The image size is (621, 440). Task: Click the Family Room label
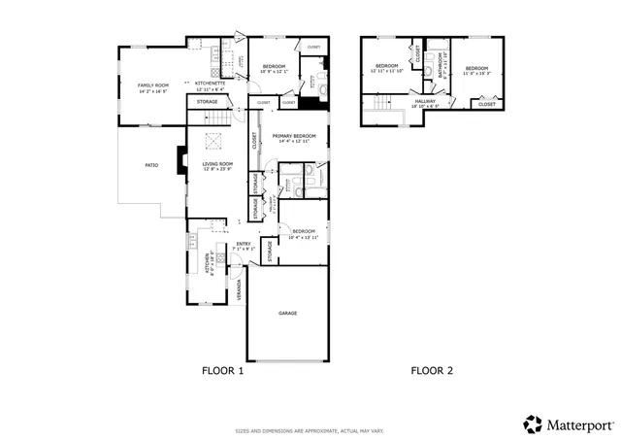(x=152, y=87)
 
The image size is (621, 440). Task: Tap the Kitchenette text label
(x=211, y=85)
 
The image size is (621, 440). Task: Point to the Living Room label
(x=217, y=165)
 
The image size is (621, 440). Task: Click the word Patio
(x=151, y=166)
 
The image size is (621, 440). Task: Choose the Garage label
(x=287, y=313)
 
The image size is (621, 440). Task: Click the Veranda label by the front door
(x=240, y=288)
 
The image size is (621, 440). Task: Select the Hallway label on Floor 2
(x=427, y=101)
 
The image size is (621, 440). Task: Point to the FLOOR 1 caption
(x=222, y=370)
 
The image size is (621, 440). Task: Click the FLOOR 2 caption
(x=432, y=370)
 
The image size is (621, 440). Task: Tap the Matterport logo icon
(x=533, y=423)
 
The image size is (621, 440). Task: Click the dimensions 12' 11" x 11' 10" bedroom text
(x=387, y=70)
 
